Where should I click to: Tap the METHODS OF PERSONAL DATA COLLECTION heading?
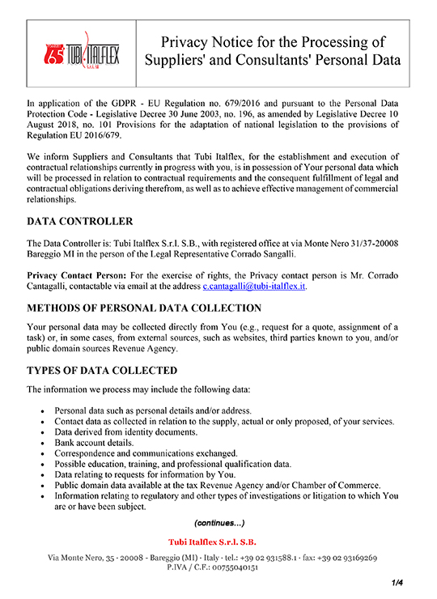tap(144, 308)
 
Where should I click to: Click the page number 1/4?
tap(397, 582)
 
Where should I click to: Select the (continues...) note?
tap(218, 522)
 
